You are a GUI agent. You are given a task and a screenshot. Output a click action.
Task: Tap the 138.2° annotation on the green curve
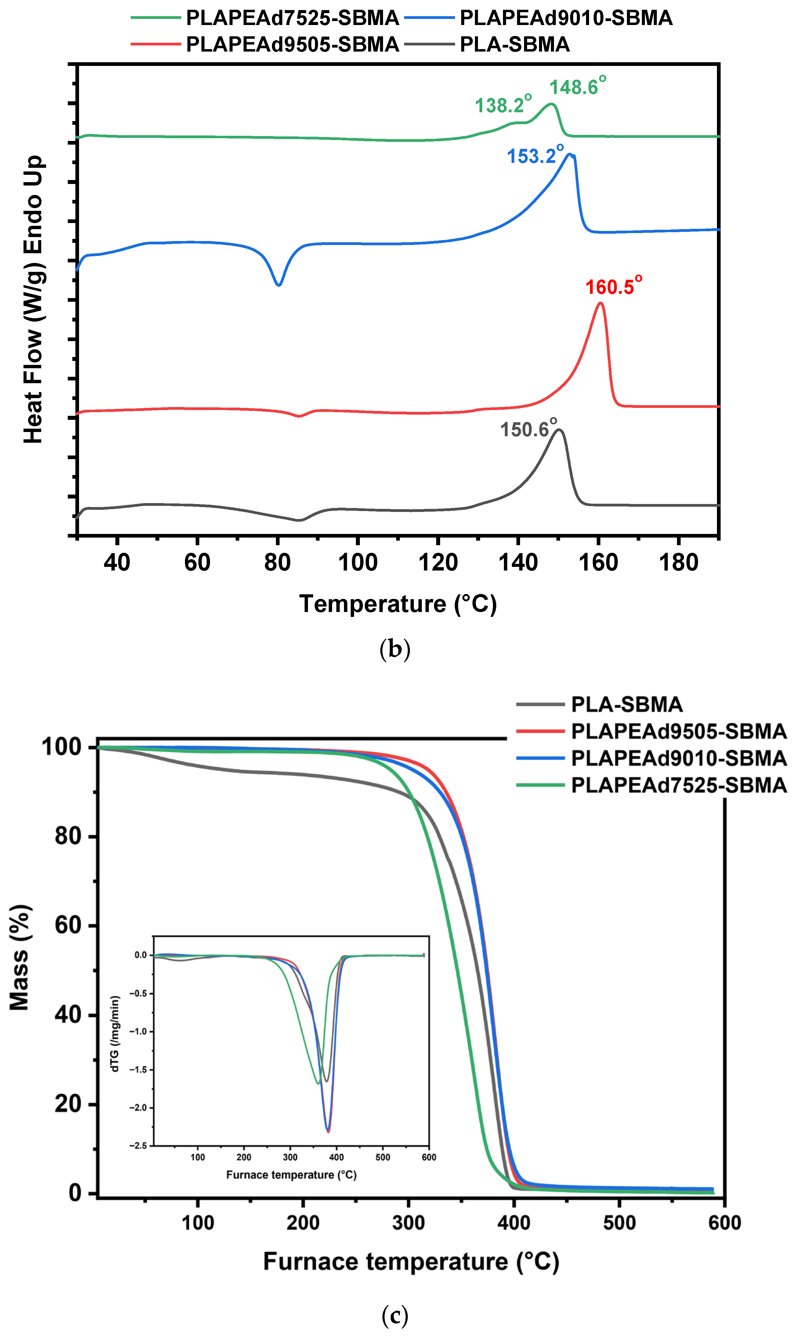tap(503, 105)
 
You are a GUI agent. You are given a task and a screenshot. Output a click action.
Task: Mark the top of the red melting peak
tap(600, 304)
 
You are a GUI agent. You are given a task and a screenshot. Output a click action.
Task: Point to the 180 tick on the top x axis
tap(678, 562)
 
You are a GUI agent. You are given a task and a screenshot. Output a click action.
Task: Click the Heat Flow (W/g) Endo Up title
tap(33, 299)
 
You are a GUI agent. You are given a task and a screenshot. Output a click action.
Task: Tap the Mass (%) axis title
tap(20, 957)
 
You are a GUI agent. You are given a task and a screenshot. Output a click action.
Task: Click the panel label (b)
tap(395, 649)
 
